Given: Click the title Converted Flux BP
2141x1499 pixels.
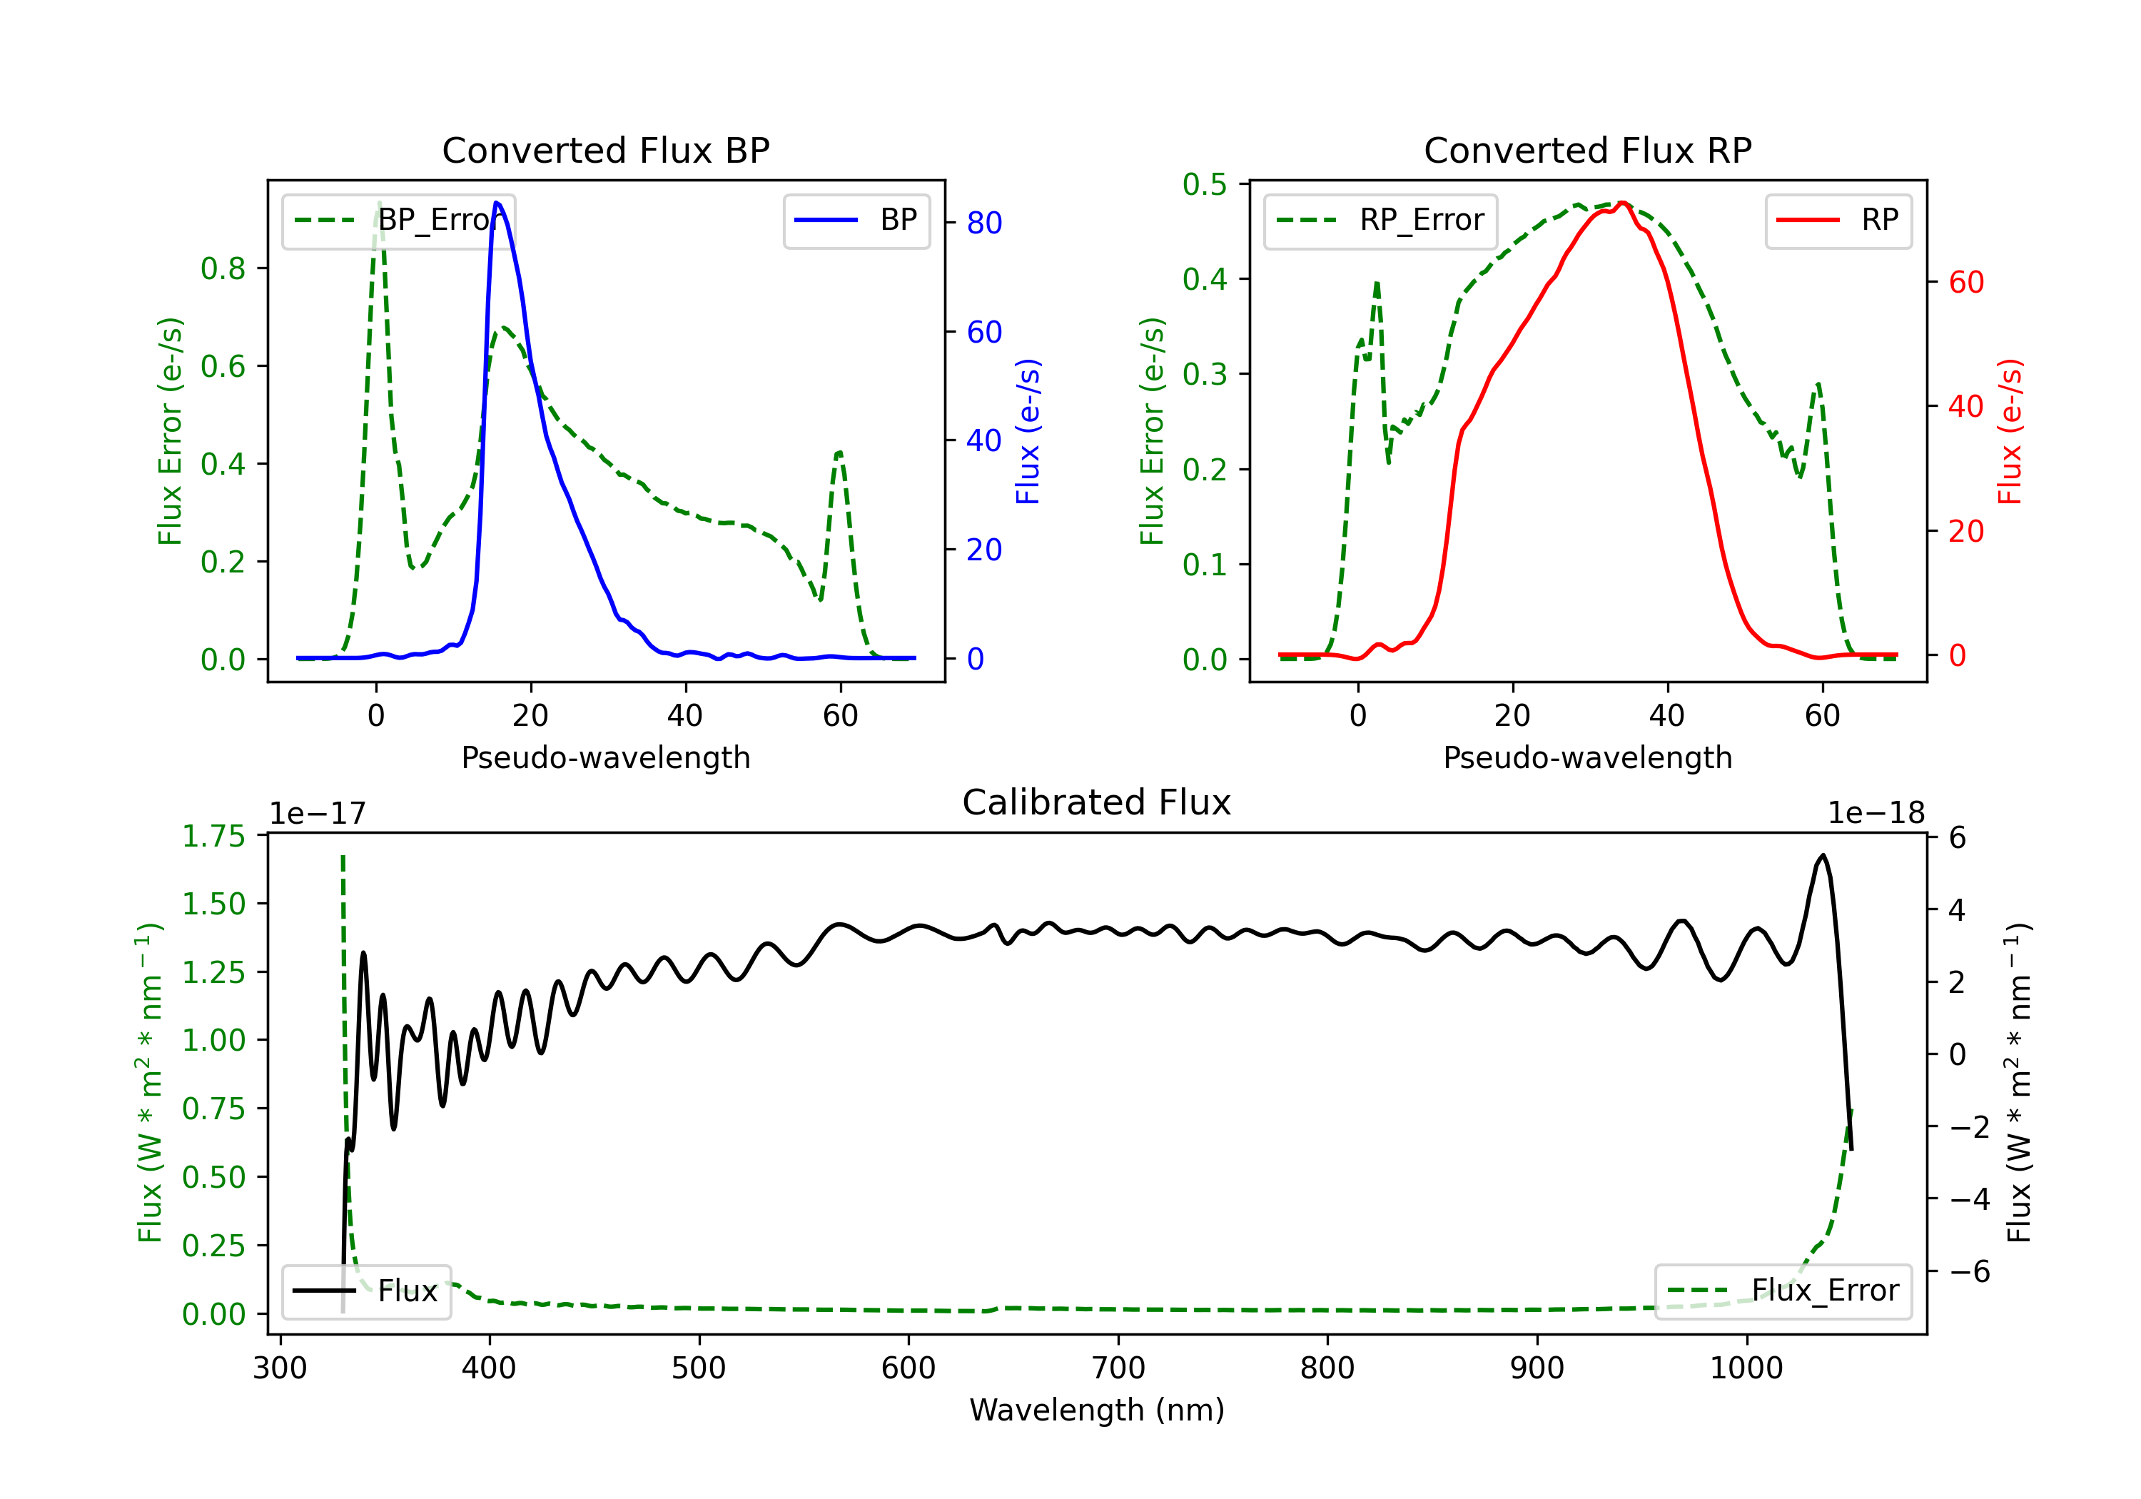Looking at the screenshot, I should click(x=605, y=150).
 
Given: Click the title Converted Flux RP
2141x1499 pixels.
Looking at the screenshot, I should click(x=1587, y=150).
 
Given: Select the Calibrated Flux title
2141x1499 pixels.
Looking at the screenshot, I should click(x=1097, y=802).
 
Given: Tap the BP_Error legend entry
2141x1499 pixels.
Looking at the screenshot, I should click(x=399, y=220).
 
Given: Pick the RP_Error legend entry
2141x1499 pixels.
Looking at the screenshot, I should click(x=1381, y=220).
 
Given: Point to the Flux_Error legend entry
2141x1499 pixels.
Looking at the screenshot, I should click(x=1783, y=1291).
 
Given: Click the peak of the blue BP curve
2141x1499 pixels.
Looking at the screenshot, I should click(x=497, y=203).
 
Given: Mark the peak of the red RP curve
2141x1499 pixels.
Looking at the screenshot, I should click(x=1623, y=203).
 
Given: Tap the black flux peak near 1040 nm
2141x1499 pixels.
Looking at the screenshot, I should click(x=1823, y=854).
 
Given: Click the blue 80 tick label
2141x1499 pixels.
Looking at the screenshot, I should click(x=983, y=223).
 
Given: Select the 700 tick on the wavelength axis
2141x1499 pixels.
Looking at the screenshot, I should click(x=1118, y=1368).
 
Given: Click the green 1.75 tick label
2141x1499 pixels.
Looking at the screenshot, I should click(x=213, y=836).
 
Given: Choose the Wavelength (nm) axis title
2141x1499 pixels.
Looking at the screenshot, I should click(x=1097, y=1410).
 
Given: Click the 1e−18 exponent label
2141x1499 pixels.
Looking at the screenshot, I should click(x=1876, y=814).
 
